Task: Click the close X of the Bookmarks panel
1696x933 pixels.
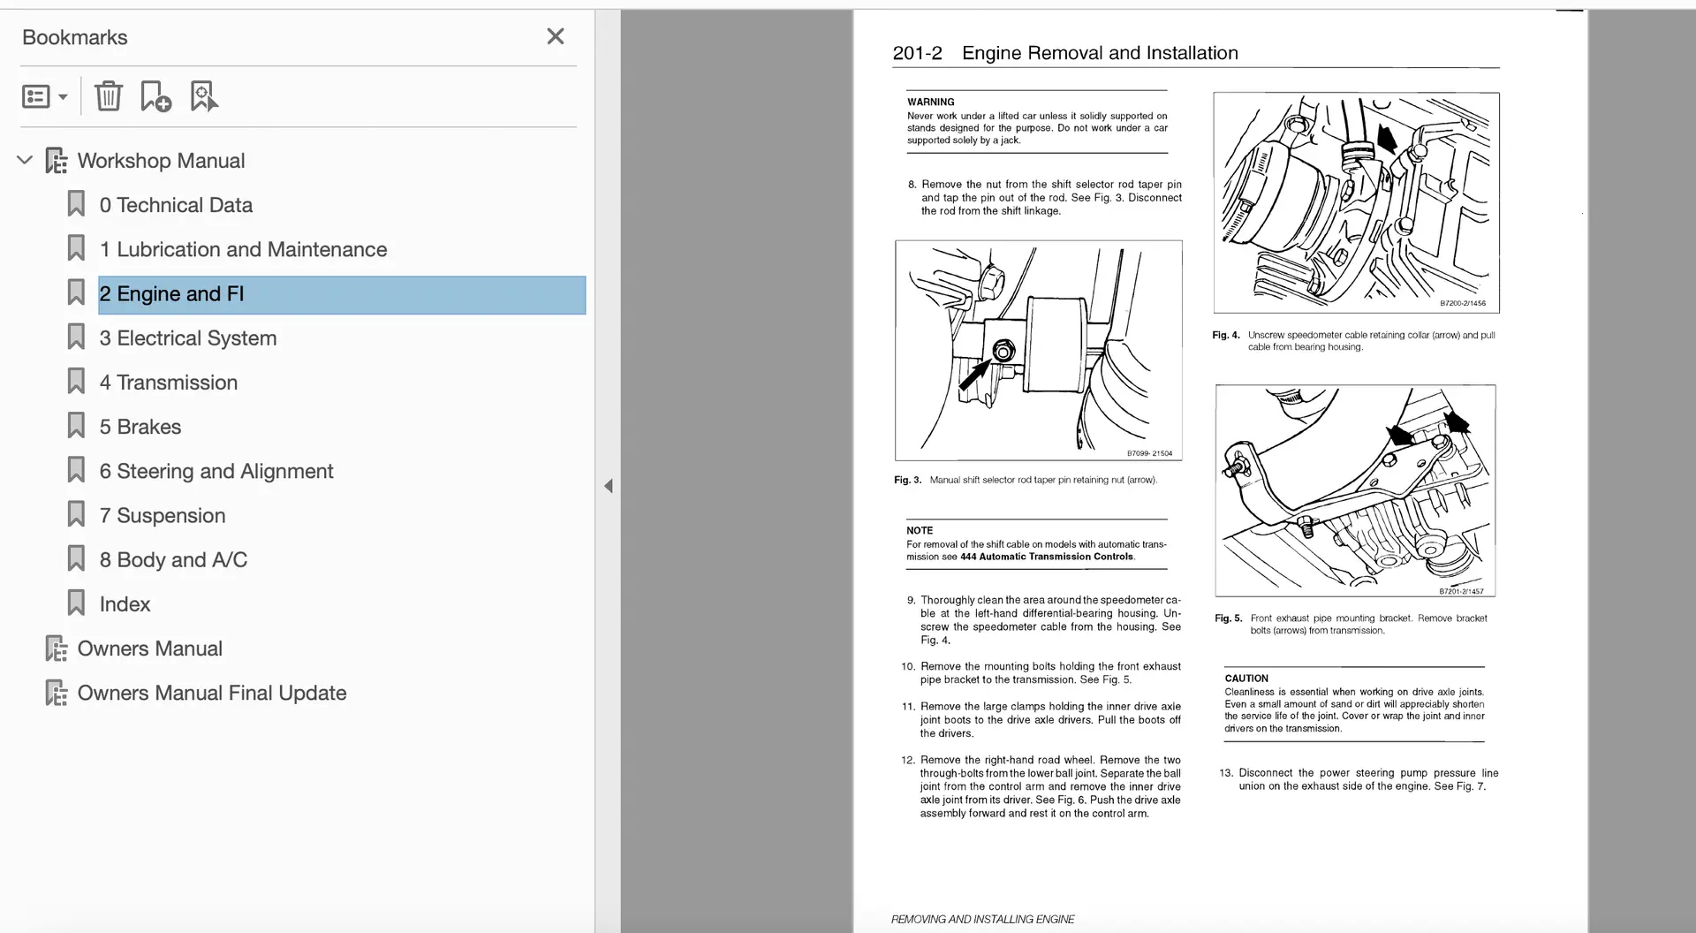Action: tap(555, 36)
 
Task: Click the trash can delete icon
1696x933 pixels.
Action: tap(109, 95)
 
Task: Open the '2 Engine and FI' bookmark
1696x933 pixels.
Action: tap(171, 294)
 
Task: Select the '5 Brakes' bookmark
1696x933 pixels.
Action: tap(140, 427)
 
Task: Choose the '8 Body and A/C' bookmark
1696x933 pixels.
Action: tap(173, 560)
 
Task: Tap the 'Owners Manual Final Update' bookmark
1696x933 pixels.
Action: tap(212, 693)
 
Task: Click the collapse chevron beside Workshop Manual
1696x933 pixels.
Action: tap(25, 160)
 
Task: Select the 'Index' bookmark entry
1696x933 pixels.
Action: tap(125, 604)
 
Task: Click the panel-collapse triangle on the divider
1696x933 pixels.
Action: tap(608, 486)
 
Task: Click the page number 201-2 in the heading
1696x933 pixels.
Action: tap(917, 53)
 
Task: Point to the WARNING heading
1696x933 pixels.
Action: tap(930, 102)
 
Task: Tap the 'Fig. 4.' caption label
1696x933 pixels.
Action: tap(1225, 336)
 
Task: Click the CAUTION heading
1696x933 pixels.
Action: tap(1245, 679)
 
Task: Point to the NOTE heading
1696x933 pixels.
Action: tap(919, 531)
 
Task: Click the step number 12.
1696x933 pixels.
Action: tap(907, 760)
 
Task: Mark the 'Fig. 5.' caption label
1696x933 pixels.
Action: tap(1228, 618)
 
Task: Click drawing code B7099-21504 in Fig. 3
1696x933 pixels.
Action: tap(1149, 453)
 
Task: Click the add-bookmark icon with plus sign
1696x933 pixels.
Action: tap(155, 95)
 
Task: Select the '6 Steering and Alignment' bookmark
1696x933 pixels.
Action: tap(216, 472)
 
